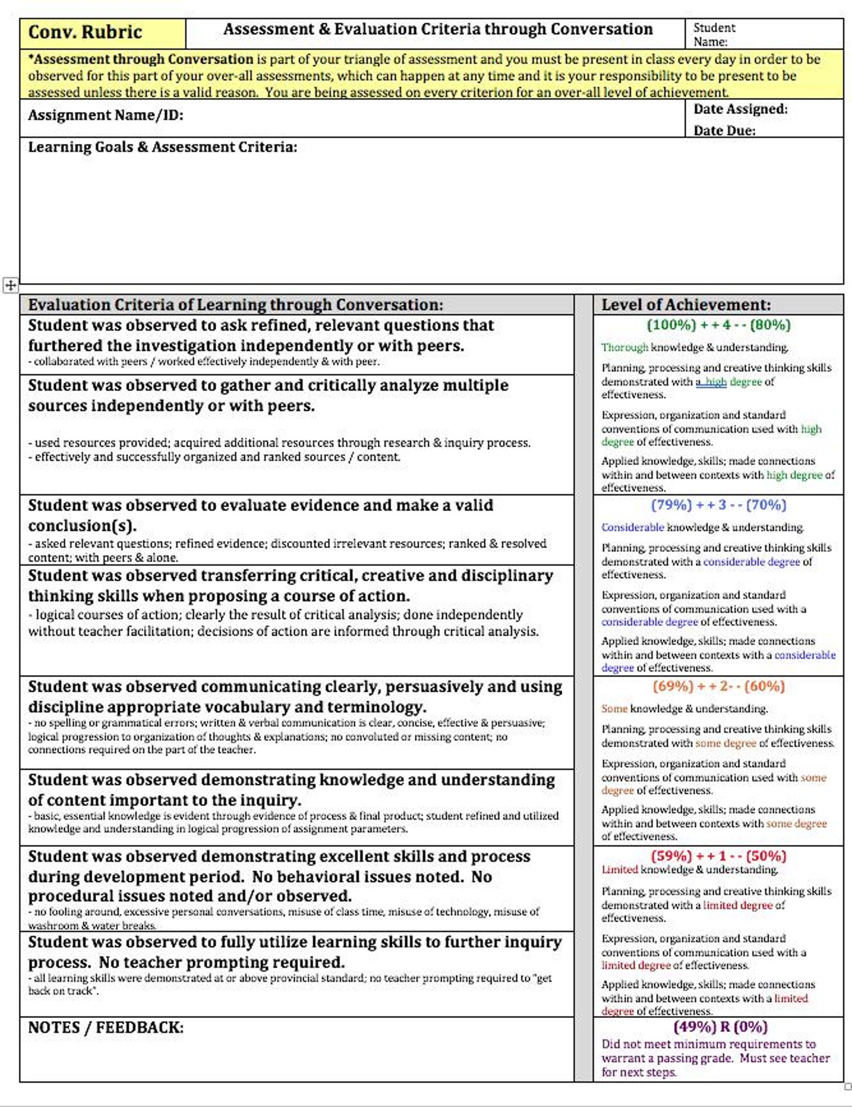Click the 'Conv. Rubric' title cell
[x=85, y=33]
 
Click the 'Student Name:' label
[x=714, y=35]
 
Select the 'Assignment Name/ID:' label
[x=106, y=115]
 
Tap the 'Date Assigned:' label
[x=740, y=109]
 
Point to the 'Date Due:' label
[x=724, y=131]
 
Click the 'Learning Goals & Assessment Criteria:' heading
[x=163, y=147]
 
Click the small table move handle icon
[x=10, y=285]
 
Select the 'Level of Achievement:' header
[x=686, y=305]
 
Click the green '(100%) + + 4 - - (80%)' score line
[x=718, y=325]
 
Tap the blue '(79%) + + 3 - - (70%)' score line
[x=718, y=505]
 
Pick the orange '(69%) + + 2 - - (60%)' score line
[x=718, y=687]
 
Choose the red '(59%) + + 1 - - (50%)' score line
[x=718, y=856]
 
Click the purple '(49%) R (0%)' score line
[x=720, y=1027]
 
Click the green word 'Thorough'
[x=625, y=348]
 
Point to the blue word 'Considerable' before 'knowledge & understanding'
[x=633, y=528]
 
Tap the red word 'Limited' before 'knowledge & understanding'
[x=619, y=870]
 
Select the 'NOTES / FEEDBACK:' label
[x=106, y=1028]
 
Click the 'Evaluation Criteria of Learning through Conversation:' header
[x=236, y=305]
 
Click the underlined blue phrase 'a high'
[x=711, y=382]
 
